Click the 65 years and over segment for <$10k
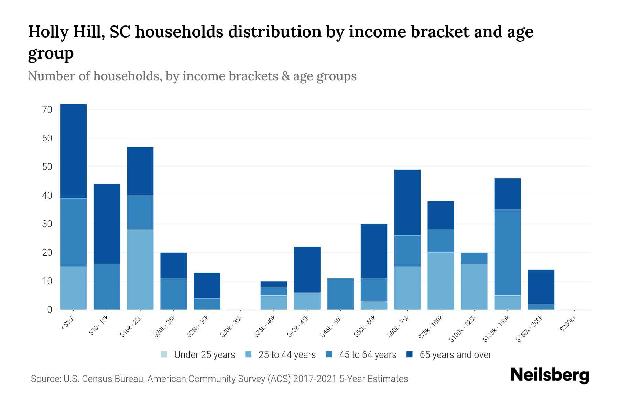click(x=73, y=151)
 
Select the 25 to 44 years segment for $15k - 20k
click(x=140, y=269)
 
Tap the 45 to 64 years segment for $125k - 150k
click(x=508, y=252)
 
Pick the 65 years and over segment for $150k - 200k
click(x=541, y=287)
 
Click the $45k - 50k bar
click(x=340, y=294)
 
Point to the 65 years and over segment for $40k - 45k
click(x=307, y=269)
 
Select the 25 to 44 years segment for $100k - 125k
click(x=474, y=287)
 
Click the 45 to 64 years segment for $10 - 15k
click(x=107, y=287)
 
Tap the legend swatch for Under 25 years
click(x=164, y=354)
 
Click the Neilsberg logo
click(x=550, y=375)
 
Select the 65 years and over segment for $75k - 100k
click(x=441, y=215)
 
